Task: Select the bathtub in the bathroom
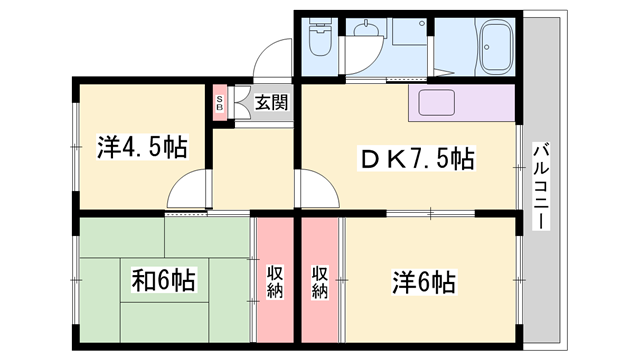click(496, 47)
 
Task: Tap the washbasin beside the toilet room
click(407, 32)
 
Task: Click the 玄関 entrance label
click(270, 102)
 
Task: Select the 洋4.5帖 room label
click(141, 148)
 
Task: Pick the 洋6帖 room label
click(423, 281)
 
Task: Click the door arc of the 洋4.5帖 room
click(189, 189)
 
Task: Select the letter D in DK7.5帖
click(370, 158)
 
